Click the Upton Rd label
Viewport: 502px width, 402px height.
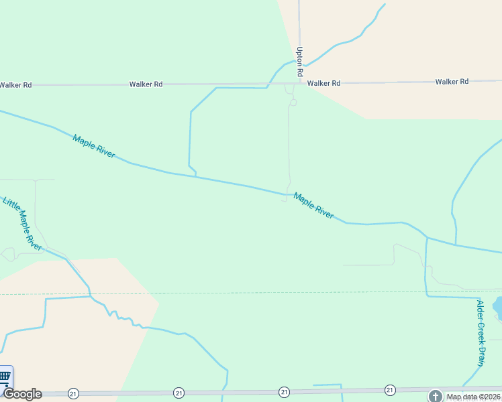tap(300, 60)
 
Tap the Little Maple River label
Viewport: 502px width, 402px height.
tap(23, 224)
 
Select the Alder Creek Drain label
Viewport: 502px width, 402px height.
tap(481, 333)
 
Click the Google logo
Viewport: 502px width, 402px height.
tap(21, 394)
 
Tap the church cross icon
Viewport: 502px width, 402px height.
tap(435, 397)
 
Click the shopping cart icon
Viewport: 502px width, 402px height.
tap(5, 376)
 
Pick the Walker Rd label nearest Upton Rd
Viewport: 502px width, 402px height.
tap(324, 83)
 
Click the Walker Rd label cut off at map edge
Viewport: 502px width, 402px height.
tap(15, 85)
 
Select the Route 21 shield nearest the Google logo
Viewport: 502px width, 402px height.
tap(73, 393)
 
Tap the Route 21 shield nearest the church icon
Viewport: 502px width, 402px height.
tap(390, 390)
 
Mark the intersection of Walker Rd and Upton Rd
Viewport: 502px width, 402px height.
tap(299, 84)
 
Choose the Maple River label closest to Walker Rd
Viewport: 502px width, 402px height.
tap(94, 146)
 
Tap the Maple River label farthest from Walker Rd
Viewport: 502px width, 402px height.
tap(313, 206)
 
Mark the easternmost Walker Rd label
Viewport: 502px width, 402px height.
tap(452, 82)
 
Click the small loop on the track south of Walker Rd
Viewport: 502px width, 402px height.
tap(293, 103)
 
